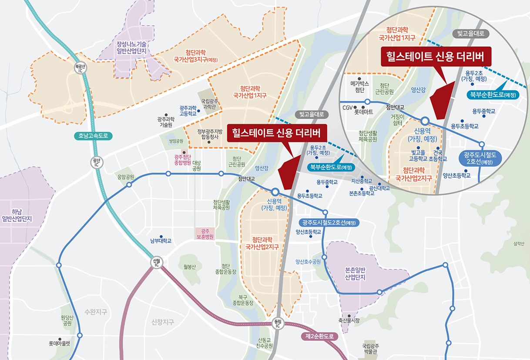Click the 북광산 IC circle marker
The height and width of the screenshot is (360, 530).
(79, 69)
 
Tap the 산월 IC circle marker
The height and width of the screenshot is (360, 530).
(156, 263)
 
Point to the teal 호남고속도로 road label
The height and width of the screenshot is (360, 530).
(93, 136)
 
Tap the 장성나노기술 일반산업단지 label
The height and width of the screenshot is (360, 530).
(131, 48)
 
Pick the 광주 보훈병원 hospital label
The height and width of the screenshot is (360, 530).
(205, 234)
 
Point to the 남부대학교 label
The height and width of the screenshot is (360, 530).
(161, 240)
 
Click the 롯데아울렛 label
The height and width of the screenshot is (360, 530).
(59, 343)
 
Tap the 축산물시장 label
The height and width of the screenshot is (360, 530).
(349, 320)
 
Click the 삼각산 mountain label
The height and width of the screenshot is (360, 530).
(519, 244)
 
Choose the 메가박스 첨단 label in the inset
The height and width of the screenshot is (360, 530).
(359, 86)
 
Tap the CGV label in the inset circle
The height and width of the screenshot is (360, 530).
(347, 107)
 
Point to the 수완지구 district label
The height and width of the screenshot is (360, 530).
(96, 312)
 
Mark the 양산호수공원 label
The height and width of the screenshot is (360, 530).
(308, 262)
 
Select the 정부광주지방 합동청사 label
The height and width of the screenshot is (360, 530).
(210, 134)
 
